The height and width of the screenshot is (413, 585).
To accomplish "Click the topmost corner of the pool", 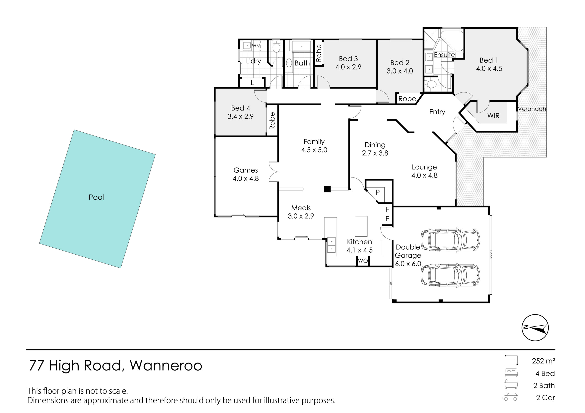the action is coord(74,130).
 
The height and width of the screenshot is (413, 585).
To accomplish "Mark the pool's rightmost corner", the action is coord(155,154).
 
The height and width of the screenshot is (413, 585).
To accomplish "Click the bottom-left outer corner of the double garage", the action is coord(392,302).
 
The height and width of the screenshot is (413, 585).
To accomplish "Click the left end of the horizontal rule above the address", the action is coord(26,350).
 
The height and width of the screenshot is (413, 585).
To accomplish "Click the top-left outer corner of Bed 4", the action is coord(215,88).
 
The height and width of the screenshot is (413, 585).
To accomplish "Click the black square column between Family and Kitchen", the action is coord(327,189).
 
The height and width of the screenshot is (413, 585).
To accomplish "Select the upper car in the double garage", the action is coord(450,240).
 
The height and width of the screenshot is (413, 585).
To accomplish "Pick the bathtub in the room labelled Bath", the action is coord(301,46).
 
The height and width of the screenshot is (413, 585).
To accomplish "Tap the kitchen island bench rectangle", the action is coord(361,226).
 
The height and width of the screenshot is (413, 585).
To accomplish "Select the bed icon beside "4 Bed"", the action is coord(511,373).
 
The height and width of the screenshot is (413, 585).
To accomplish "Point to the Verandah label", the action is coord(532,109).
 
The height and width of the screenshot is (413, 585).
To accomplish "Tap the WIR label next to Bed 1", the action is coord(493,116).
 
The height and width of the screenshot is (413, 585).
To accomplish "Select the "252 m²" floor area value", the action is coord(543,361).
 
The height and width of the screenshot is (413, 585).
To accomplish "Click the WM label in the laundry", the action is coord(256,46).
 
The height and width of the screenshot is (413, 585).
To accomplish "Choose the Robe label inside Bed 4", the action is coord(272,121).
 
